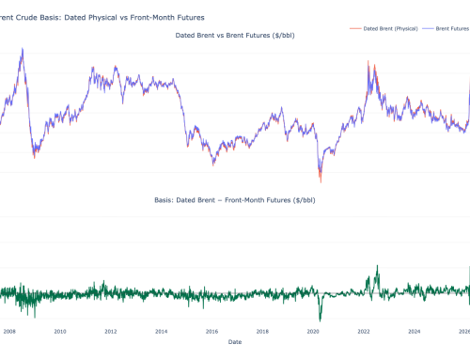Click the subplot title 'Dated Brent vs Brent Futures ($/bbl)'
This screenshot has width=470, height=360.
point(234,35)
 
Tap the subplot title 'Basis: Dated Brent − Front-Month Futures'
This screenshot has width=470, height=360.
point(234,200)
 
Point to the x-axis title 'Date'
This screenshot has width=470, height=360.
point(234,342)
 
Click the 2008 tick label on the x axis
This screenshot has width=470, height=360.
point(8,331)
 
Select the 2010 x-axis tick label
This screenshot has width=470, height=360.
point(60,331)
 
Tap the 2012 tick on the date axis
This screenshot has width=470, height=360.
point(111,331)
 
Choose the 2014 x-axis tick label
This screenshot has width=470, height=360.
point(162,331)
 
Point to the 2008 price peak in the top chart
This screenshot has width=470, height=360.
point(23,49)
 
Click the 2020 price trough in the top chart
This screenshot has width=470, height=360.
point(321,180)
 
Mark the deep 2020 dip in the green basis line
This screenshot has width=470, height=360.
point(321,320)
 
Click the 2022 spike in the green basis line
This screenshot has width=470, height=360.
point(377,266)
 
